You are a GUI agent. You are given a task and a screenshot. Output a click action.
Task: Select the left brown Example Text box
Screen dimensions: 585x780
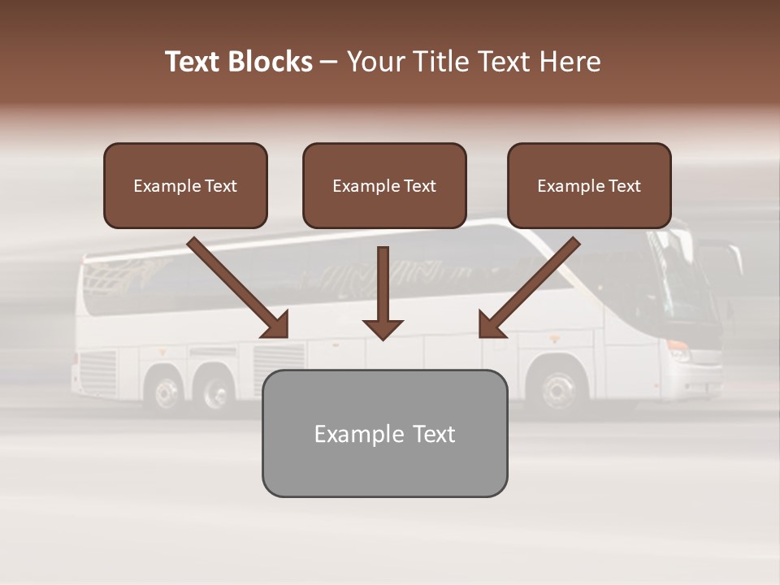point(185,185)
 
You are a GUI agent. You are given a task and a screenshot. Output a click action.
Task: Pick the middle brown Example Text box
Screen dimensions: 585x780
point(384,185)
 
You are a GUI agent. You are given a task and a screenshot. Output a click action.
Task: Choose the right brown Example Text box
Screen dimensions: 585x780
point(589,185)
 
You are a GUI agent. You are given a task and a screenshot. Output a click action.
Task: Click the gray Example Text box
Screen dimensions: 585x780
point(384,433)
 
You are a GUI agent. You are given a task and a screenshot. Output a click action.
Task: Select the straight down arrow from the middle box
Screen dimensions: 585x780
point(383,292)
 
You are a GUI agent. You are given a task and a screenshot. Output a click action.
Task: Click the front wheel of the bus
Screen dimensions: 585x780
point(558,389)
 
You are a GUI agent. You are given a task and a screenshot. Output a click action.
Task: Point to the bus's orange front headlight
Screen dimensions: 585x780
point(678,345)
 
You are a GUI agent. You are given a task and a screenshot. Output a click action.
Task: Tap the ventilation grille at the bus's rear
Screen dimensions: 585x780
point(98,370)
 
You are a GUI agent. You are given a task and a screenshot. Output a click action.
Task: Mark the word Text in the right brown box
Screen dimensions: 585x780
point(625,185)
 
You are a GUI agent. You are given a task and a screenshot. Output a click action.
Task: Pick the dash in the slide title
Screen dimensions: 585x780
point(329,62)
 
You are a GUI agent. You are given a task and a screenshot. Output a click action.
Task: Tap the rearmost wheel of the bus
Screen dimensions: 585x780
point(167,393)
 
